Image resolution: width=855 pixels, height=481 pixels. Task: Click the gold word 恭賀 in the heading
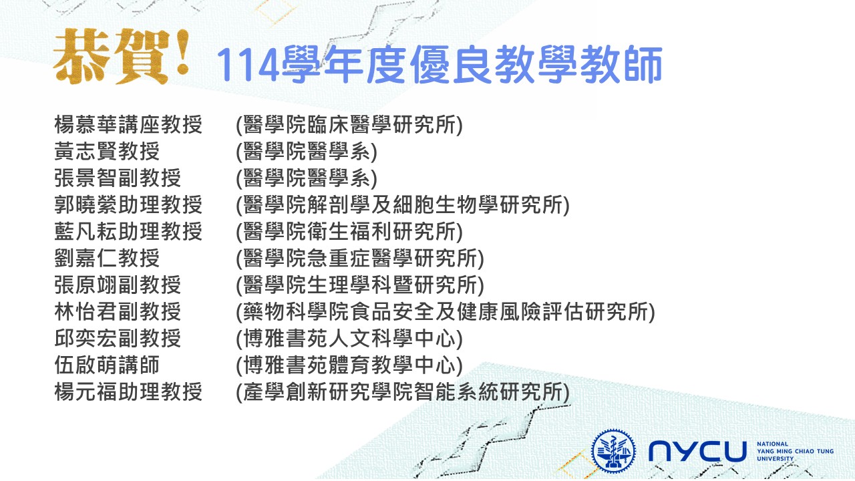pyautogui.click(x=111, y=57)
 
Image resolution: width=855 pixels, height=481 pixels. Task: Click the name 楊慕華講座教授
pyautogui.click(x=128, y=125)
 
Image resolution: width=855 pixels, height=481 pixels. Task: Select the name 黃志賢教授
pyautogui.click(x=107, y=152)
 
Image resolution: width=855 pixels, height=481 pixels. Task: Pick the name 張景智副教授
pyautogui.click(x=118, y=178)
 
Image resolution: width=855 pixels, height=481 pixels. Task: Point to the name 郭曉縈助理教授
pyautogui.click(x=128, y=205)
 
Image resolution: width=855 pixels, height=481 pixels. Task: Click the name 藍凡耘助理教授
pyautogui.click(x=128, y=232)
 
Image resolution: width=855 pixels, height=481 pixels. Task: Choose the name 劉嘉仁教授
pyautogui.click(x=107, y=259)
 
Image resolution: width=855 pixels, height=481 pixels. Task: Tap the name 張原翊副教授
pyautogui.click(x=118, y=285)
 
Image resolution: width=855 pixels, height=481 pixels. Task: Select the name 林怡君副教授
pyautogui.click(x=118, y=312)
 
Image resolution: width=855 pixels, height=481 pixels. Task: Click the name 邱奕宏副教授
pyautogui.click(x=118, y=339)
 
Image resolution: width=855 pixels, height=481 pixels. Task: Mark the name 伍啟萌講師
pyautogui.click(x=107, y=365)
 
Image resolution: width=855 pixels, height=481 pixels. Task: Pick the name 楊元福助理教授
pyautogui.click(x=128, y=392)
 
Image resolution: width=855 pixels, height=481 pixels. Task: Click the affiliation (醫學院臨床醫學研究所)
pyautogui.click(x=349, y=125)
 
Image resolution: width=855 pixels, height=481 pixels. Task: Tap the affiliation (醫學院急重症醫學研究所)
pyautogui.click(x=360, y=259)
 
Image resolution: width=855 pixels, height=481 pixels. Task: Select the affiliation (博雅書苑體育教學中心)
pyautogui.click(x=349, y=365)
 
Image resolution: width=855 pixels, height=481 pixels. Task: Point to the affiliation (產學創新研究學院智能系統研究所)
pyautogui.click(x=403, y=392)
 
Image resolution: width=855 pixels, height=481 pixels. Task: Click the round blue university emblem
pyautogui.click(x=613, y=452)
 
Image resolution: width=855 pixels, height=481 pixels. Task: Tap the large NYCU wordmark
pyautogui.click(x=697, y=452)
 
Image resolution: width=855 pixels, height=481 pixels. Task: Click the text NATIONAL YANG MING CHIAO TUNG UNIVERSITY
pyautogui.click(x=795, y=451)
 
